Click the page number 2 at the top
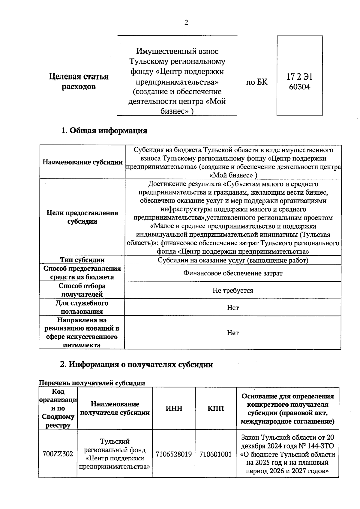pos(186,23)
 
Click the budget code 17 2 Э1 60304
pos(299,82)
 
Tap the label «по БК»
pos(257,82)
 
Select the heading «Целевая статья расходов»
pos(79,82)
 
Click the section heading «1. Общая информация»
pos(104,130)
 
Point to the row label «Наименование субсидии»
pos(82,162)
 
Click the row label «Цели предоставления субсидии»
pos(82,217)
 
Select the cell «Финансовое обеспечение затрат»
pos(233,273)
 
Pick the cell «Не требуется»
pos(233,290)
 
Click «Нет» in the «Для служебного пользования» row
pos(233,308)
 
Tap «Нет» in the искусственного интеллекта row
pos(233,333)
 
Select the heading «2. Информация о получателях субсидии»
pos(136,364)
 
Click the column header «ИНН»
pos(174,408)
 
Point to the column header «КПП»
pos(216,408)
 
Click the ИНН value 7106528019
pos(174,454)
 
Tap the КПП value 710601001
pos(216,454)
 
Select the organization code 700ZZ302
pos(58,454)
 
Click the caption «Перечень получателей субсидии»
pos(92,383)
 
